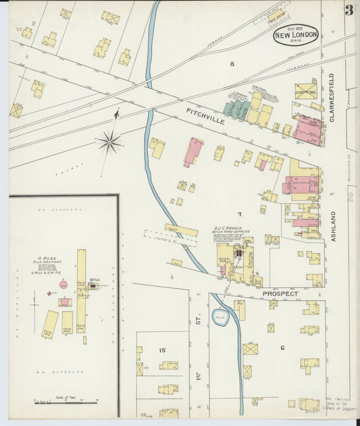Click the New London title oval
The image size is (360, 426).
click(295, 34)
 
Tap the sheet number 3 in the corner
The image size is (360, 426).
click(349, 10)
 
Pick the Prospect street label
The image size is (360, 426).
click(280, 294)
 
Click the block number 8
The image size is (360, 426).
click(232, 64)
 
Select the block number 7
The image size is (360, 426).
click(238, 214)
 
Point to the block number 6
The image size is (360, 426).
click(282, 348)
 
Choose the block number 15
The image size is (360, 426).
click(162, 350)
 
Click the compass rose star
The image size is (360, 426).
click(109, 141)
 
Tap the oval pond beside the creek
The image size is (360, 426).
click(220, 317)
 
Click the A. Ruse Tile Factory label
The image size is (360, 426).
click(49, 261)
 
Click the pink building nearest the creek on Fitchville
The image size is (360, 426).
click(193, 152)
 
